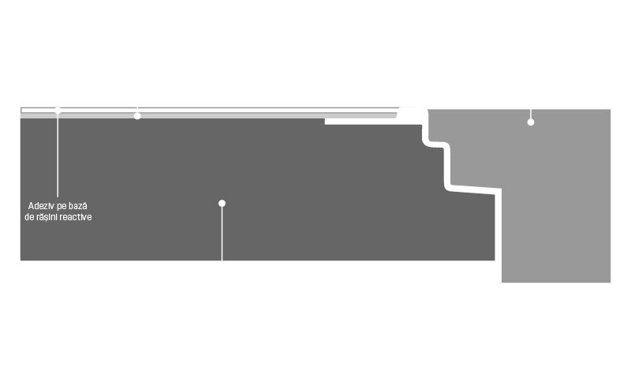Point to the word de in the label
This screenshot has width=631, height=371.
coord(28,217)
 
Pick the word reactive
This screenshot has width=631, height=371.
coord(76,217)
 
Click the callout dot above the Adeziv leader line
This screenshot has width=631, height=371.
coord(58,111)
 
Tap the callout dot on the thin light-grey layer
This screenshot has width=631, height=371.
coord(137,116)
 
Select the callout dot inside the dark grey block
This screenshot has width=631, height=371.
coord(222,204)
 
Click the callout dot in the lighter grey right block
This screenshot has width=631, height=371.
coord(531,122)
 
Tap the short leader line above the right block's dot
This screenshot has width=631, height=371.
coord(531,114)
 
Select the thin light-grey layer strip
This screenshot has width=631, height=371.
coord(209,115)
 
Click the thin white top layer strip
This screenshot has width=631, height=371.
coord(209,111)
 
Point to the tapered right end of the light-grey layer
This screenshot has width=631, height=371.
coord(397,115)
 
